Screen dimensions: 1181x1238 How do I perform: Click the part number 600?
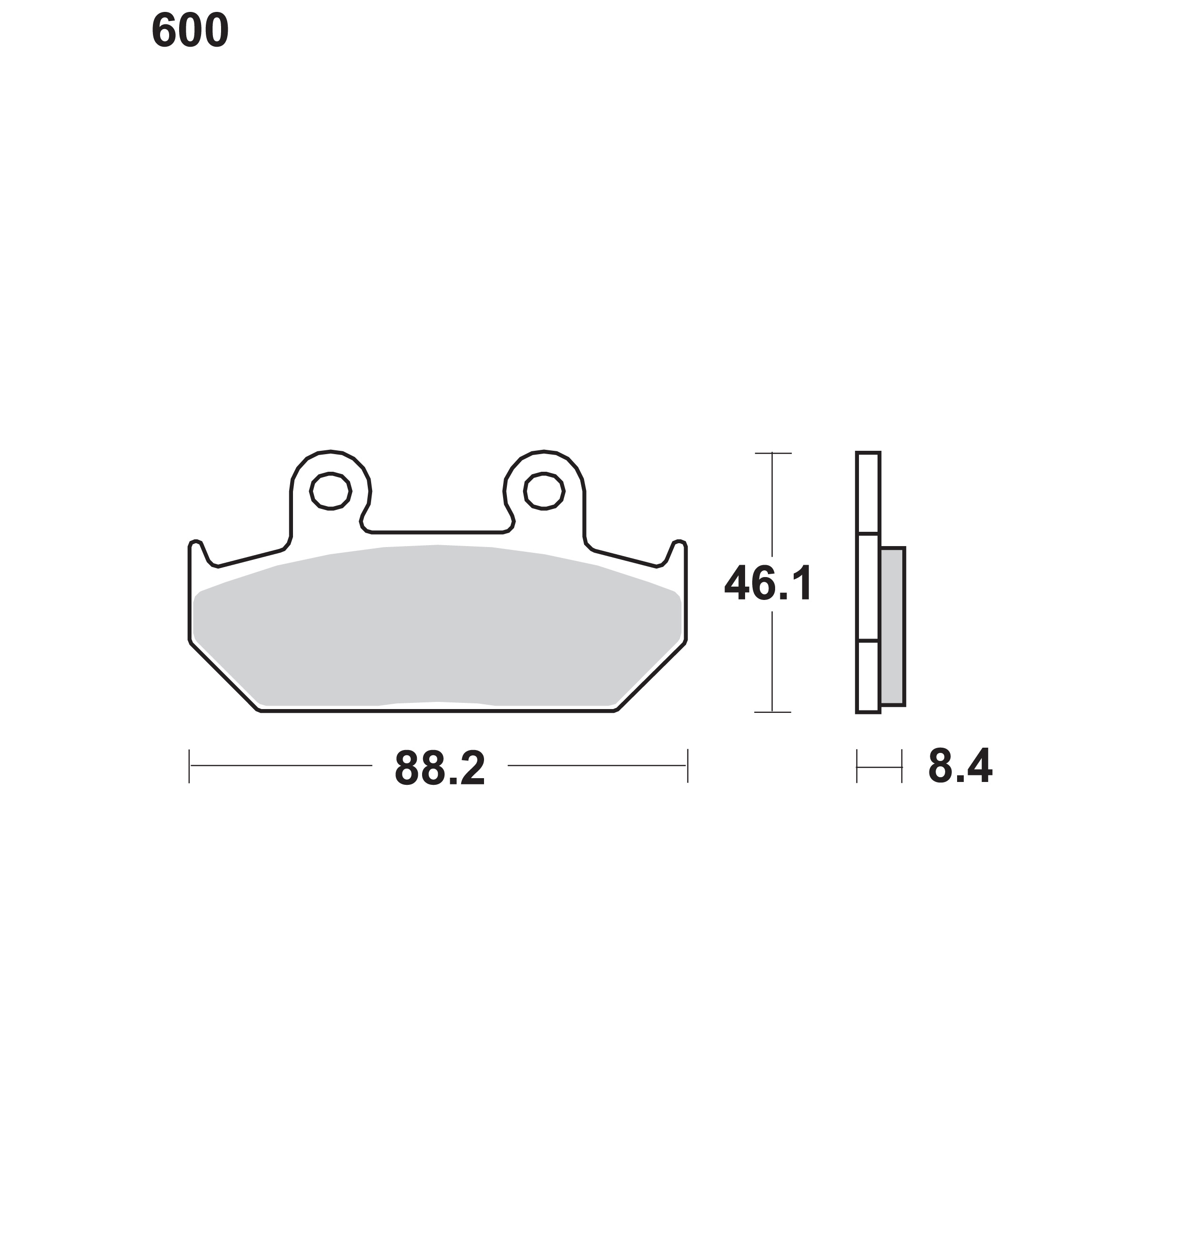pos(190,31)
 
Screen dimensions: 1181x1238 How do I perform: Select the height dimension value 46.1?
pos(768,583)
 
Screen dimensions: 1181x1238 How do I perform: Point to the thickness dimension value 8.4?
pos(959,766)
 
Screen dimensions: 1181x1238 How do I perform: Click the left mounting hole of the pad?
pos(331,490)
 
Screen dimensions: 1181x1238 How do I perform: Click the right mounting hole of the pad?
pos(544,490)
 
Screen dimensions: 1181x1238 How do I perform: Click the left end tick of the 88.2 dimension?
pos(190,766)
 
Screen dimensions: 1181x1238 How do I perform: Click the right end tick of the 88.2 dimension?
pos(687,766)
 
